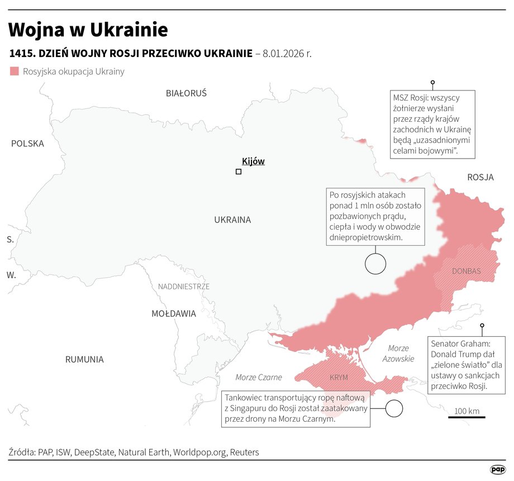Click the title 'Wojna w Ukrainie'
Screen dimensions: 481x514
click(88, 30)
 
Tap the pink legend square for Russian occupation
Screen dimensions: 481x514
click(15, 72)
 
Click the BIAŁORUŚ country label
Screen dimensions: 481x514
click(186, 93)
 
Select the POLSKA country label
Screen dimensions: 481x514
click(27, 144)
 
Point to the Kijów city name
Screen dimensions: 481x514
click(253, 161)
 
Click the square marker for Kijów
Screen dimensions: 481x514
click(239, 172)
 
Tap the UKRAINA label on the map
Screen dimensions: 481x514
click(232, 220)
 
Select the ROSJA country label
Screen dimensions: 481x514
click(480, 178)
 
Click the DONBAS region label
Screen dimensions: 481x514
click(466, 271)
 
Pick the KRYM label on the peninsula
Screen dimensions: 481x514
click(339, 378)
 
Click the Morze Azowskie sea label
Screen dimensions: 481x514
click(398, 354)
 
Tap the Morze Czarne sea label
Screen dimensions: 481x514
click(259, 378)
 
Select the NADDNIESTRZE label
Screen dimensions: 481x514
click(184, 287)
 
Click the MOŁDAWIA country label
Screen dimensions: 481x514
click(174, 314)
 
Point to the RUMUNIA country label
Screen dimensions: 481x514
click(84, 360)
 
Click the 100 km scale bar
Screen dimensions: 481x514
click(467, 416)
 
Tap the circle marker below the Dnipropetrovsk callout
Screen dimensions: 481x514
click(375, 264)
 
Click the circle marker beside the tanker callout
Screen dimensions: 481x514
click(394, 408)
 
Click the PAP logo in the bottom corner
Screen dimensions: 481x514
click(497, 470)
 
